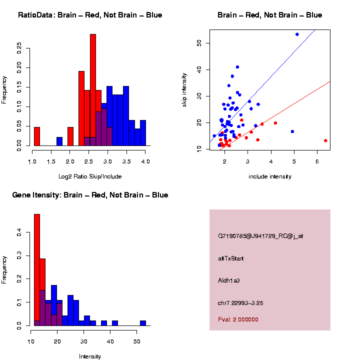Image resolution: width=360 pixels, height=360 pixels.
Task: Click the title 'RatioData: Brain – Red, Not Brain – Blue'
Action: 90,15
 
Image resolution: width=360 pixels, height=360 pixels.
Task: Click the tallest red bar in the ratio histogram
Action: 92,90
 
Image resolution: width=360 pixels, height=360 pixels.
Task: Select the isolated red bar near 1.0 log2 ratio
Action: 36,136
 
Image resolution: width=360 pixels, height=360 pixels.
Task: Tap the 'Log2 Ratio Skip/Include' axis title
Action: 90,176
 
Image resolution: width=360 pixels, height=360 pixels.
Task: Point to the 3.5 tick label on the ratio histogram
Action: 126,161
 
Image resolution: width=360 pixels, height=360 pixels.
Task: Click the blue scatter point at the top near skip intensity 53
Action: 297,34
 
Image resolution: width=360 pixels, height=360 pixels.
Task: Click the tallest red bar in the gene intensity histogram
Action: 36,270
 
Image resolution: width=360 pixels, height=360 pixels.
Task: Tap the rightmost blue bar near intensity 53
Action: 143,323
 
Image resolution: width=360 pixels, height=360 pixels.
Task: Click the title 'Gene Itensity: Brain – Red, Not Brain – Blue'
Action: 90,195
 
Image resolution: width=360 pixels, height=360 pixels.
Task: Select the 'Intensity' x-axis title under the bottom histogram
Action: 90,356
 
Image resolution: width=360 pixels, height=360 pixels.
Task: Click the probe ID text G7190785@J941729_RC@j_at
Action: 260,236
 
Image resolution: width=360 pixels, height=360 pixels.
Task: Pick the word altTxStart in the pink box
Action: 231,258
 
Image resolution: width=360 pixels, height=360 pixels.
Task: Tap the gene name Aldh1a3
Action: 229,280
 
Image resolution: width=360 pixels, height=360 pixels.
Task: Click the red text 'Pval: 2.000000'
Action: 238,319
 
